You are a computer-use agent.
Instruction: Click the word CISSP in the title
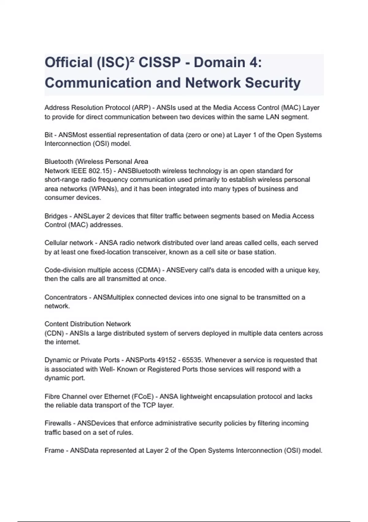pos(159,63)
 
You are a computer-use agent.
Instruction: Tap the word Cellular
pos(56,243)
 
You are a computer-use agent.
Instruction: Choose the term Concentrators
pos(66,297)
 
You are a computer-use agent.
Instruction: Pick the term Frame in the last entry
pos(54,450)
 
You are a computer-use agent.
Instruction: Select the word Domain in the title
pos(219,63)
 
